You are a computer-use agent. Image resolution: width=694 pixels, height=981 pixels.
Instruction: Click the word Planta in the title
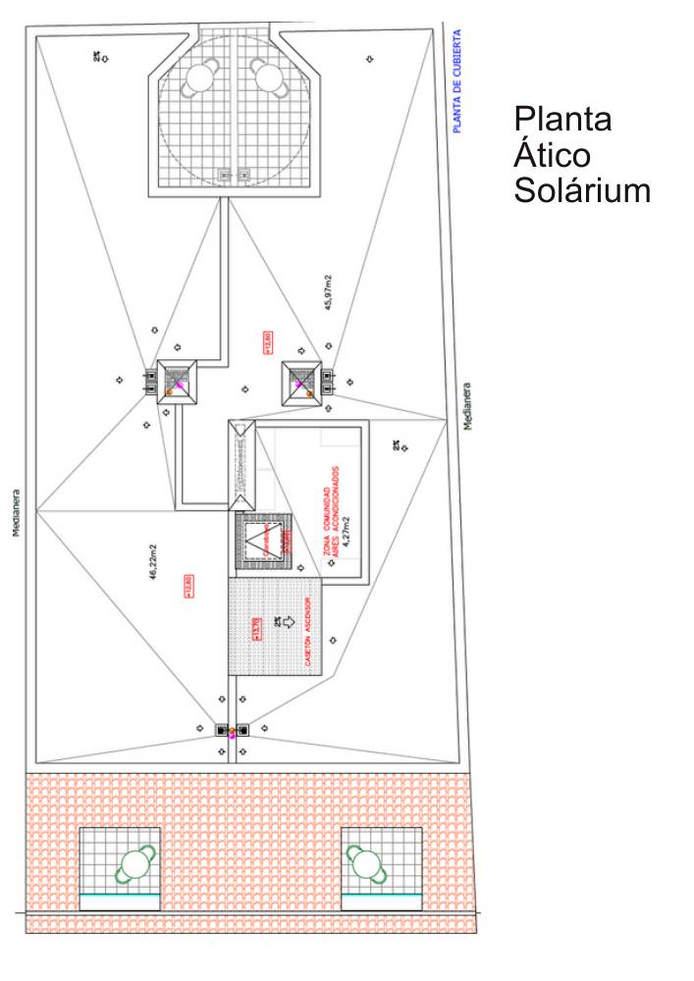[x=562, y=120]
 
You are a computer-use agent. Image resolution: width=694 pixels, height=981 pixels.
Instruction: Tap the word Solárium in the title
[x=582, y=190]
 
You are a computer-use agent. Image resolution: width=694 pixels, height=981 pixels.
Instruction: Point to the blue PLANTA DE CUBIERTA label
[x=457, y=80]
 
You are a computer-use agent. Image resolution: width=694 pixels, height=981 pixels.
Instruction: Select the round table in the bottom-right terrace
[x=365, y=864]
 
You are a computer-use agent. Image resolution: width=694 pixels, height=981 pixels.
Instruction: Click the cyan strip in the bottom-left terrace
[x=119, y=898]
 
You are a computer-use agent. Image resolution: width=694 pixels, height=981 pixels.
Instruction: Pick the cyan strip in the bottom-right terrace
[x=381, y=898]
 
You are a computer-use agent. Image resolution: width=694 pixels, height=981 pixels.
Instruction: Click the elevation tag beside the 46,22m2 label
[x=188, y=585]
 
